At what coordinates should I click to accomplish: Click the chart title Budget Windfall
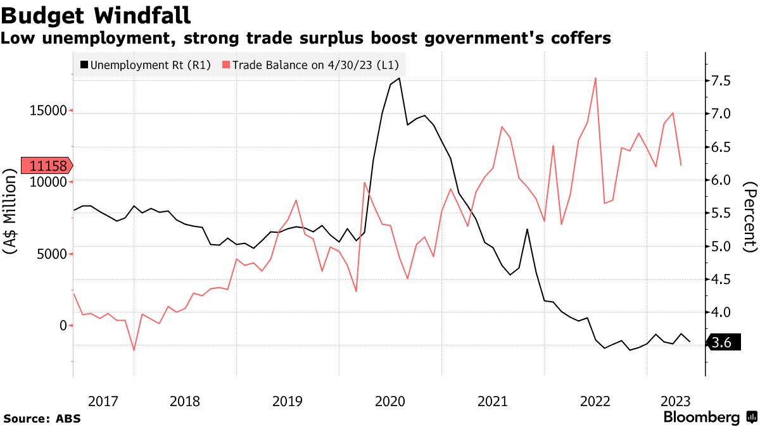point(95,14)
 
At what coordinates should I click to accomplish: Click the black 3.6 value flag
point(722,343)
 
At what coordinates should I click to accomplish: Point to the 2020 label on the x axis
point(390,400)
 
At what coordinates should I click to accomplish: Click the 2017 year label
point(103,400)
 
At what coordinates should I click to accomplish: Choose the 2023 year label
point(675,400)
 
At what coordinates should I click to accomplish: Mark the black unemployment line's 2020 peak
point(399,78)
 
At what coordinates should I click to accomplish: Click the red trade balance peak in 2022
point(595,78)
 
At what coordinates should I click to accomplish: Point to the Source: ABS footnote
point(42,418)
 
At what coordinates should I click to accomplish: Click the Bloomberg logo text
point(702,418)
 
